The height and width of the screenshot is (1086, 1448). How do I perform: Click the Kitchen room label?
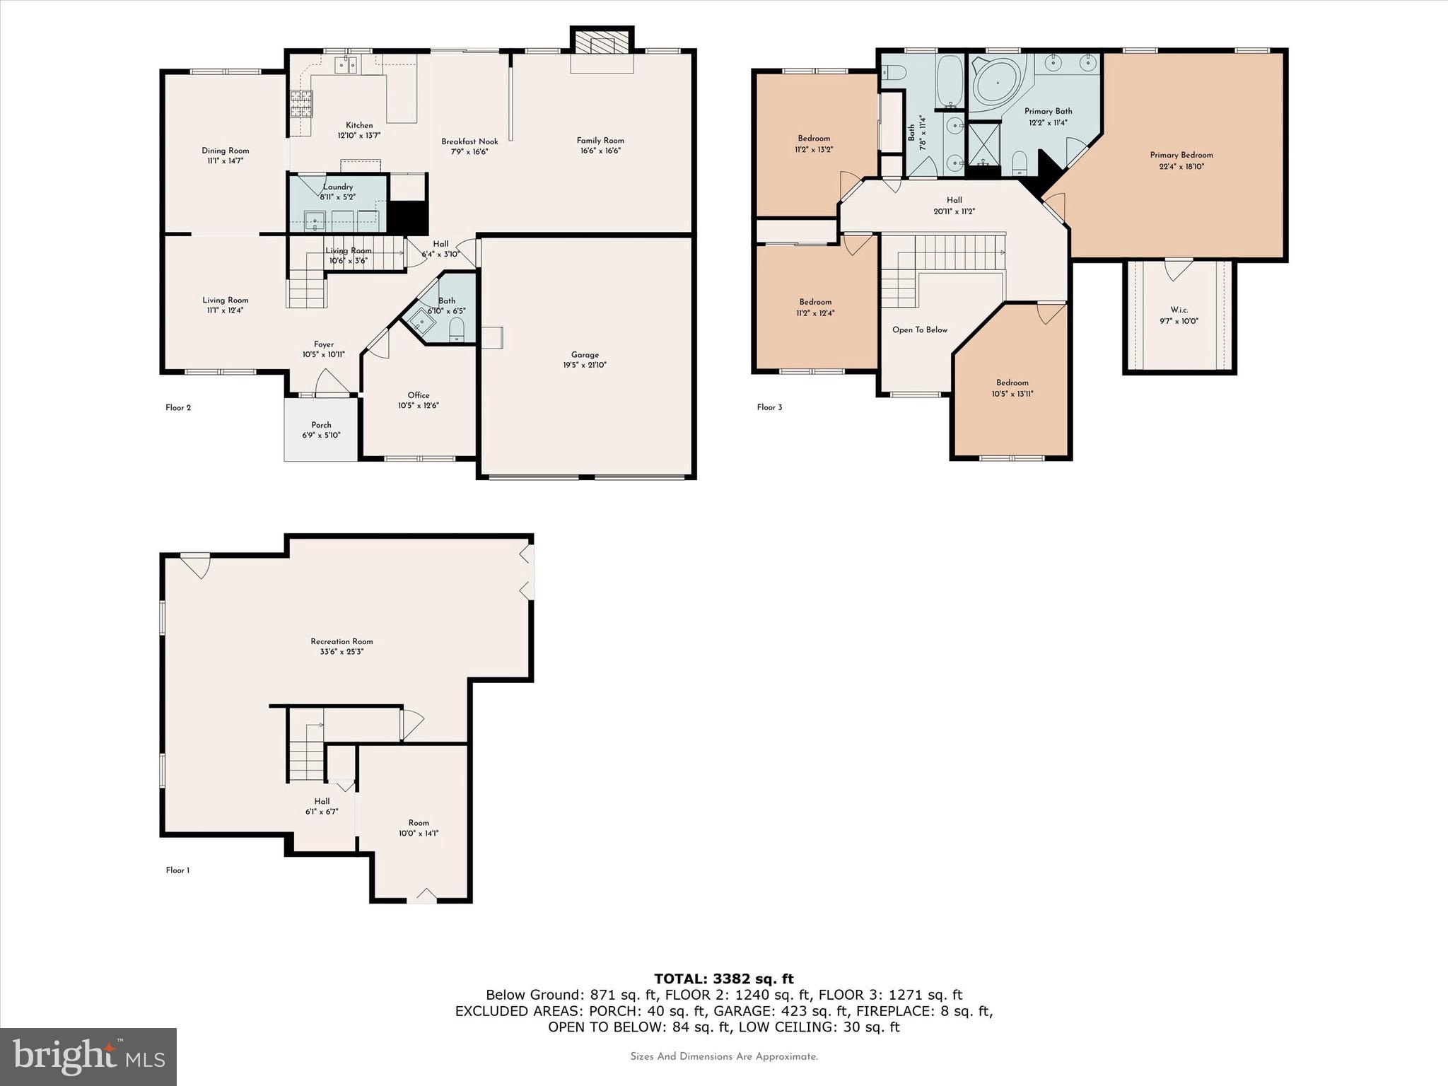(x=359, y=125)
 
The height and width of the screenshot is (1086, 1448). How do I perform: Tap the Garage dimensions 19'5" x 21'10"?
(x=585, y=366)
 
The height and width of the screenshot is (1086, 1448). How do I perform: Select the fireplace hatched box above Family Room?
(x=602, y=42)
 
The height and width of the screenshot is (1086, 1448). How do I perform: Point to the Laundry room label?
(x=338, y=187)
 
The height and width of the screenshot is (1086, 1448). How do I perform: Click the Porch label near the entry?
(x=321, y=425)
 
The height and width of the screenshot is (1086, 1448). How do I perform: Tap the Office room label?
(x=419, y=395)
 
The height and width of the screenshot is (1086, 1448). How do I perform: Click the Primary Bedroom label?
(x=1181, y=155)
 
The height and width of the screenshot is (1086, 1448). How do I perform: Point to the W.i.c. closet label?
(x=1179, y=310)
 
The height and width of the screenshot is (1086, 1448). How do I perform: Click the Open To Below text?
(x=919, y=329)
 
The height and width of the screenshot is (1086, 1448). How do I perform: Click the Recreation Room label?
(x=341, y=641)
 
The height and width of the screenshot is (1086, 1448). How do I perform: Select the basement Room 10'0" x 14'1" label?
(x=419, y=822)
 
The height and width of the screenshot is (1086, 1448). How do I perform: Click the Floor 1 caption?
(x=177, y=870)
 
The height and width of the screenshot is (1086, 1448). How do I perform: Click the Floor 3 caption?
(x=769, y=407)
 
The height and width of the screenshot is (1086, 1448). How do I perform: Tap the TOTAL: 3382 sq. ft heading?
(x=723, y=979)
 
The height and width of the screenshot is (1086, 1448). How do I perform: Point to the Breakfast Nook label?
(x=469, y=141)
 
